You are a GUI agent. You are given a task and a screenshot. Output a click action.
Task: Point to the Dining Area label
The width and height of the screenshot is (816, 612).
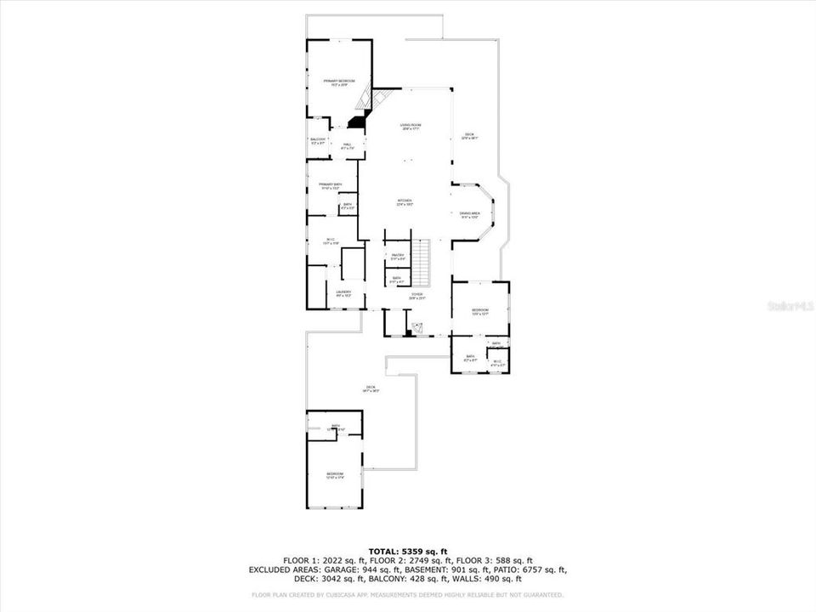tap(470, 214)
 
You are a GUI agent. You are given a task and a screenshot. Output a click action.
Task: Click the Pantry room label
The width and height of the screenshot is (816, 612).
tap(397, 255)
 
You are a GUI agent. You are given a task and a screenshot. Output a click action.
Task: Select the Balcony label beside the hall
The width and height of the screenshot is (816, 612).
tap(318, 140)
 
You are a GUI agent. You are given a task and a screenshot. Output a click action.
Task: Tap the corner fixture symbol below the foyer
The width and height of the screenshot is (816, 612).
tap(416, 327)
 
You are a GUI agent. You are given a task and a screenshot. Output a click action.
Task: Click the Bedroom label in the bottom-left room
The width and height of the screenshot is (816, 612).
tap(335, 475)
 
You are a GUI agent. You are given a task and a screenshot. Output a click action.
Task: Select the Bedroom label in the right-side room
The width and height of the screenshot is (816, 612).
tap(480, 311)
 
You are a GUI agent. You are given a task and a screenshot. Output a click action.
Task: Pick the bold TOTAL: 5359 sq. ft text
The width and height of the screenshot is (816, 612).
tap(407, 552)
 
